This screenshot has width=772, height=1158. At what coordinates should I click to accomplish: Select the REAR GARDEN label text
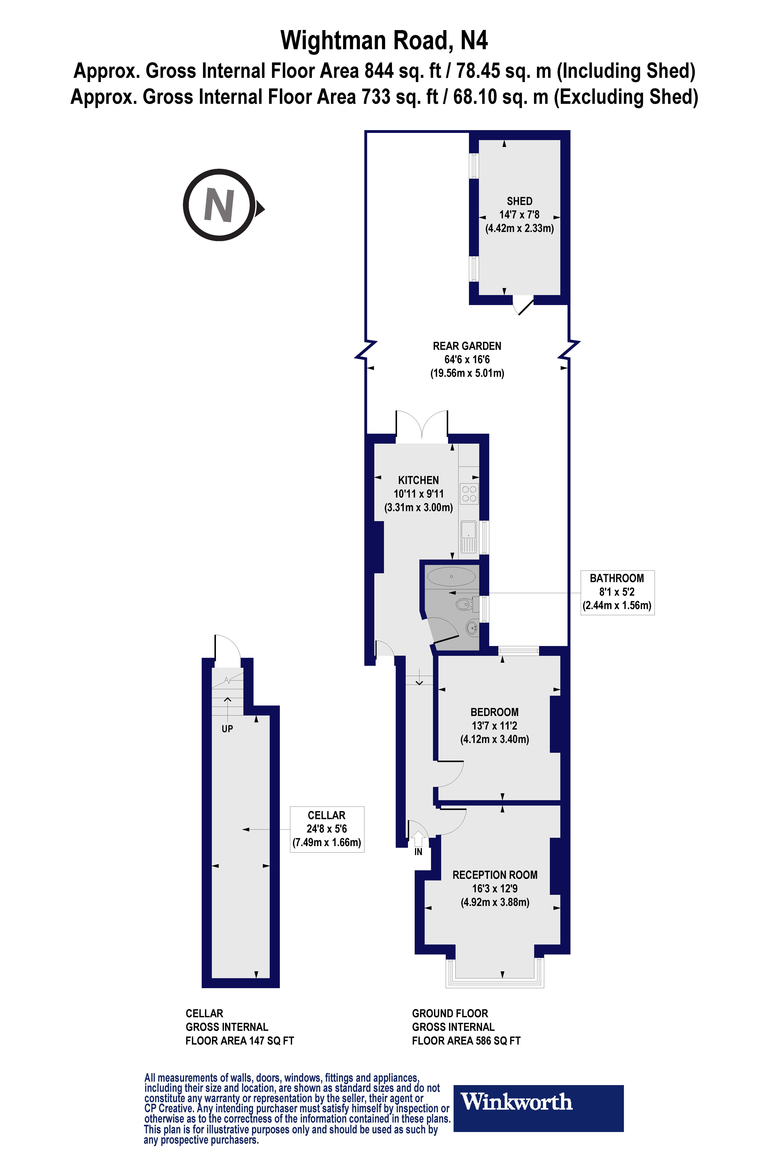[467, 346]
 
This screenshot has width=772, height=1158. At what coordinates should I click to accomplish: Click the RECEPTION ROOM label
[495, 875]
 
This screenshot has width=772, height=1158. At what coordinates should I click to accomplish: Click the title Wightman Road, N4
[384, 40]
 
